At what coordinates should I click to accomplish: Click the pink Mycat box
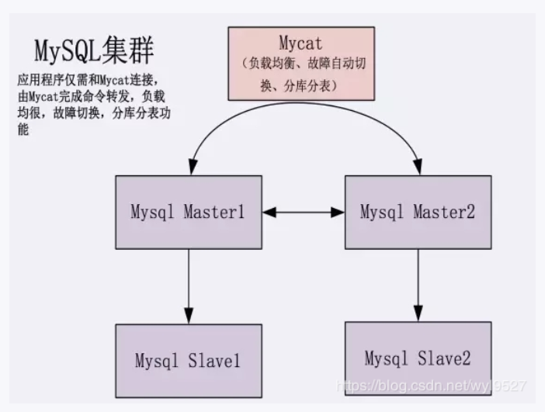click(301, 64)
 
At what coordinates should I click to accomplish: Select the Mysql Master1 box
click(189, 213)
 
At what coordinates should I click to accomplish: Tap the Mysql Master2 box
click(418, 213)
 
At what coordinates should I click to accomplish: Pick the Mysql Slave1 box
click(189, 361)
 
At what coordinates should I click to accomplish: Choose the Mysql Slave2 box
click(418, 358)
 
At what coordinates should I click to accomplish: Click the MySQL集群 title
click(94, 50)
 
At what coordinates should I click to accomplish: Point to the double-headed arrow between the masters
click(304, 213)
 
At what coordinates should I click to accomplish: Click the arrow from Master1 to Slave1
click(189, 286)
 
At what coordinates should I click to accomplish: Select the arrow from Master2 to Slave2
click(418, 286)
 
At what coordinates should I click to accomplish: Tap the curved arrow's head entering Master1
click(193, 167)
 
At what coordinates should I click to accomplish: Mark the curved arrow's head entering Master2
click(418, 167)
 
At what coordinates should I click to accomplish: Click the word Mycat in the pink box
click(300, 43)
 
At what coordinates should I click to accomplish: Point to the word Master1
click(214, 212)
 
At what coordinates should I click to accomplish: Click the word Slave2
click(444, 358)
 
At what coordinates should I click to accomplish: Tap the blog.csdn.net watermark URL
click(432, 386)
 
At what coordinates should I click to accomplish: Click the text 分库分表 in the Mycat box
click(307, 86)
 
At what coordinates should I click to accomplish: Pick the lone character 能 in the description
click(23, 130)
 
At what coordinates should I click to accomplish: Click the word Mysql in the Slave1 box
click(157, 361)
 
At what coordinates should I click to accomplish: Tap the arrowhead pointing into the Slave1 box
click(189, 316)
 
